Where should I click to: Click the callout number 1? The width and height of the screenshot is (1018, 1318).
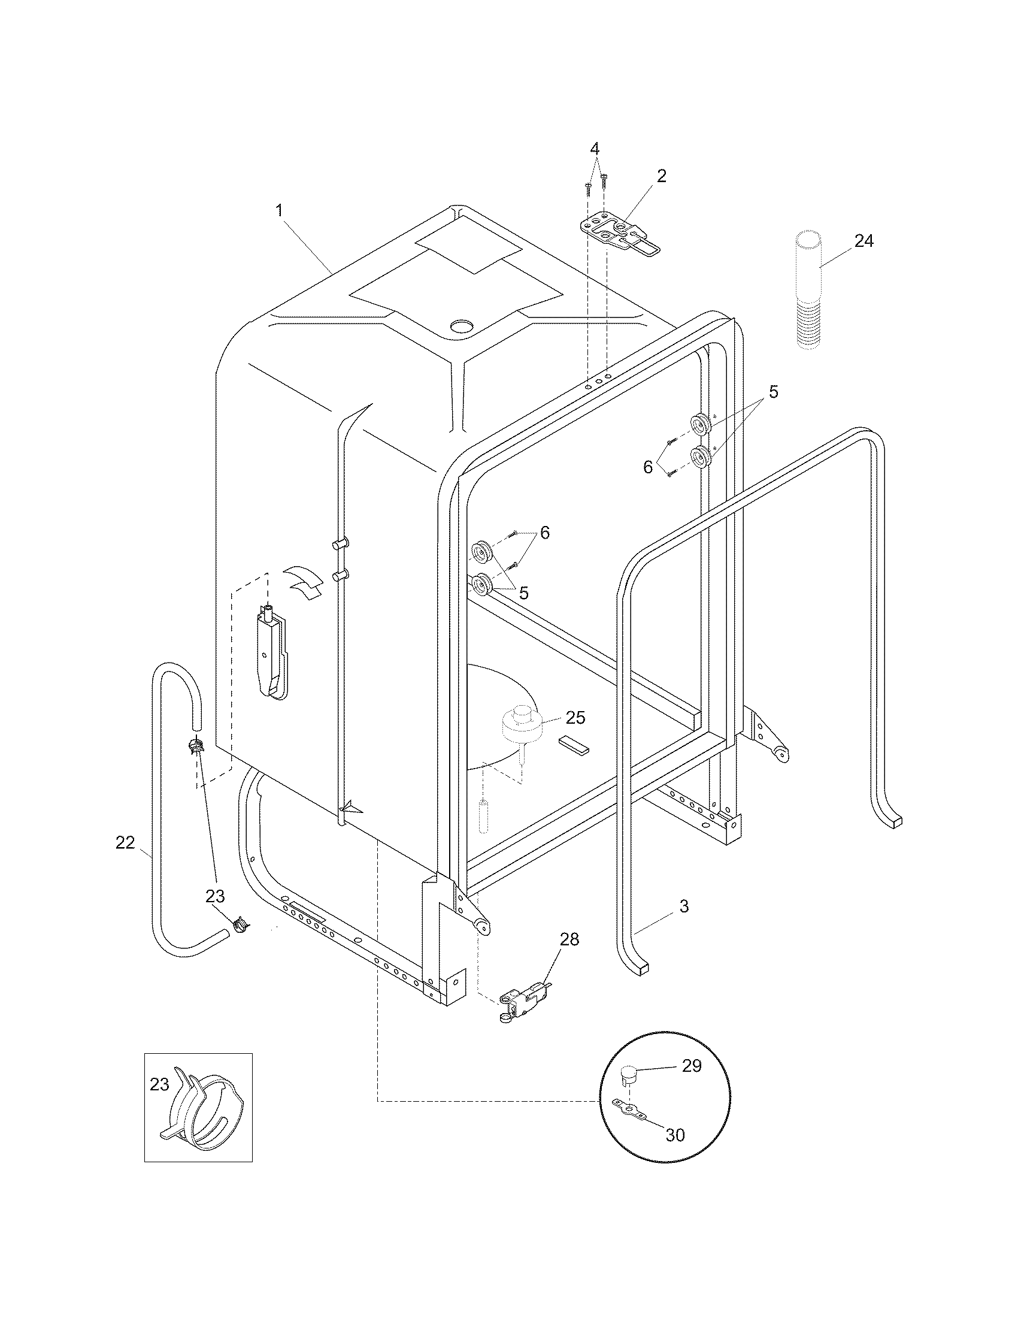tap(279, 211)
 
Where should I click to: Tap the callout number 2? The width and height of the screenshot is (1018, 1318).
tap(662, 176)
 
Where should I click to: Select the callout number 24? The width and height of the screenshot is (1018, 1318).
tap(864, 241)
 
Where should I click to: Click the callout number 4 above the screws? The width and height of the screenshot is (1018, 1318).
tap(595, 149)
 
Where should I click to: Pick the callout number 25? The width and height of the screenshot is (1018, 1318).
tap(575, 718)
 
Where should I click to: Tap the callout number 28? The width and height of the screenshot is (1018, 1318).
tap(569, 939)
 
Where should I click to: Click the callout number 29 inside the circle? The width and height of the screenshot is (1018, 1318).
tap(692, 1066)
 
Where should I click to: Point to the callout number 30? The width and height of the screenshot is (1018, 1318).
tap(675, 1135)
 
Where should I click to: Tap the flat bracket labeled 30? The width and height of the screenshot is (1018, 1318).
tap(631, 1109)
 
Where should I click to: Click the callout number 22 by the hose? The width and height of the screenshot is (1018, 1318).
tap(125, 843)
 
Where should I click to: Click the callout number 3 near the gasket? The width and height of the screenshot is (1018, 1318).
tap(684, 906)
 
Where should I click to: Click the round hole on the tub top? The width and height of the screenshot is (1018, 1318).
tap(462, 327)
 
